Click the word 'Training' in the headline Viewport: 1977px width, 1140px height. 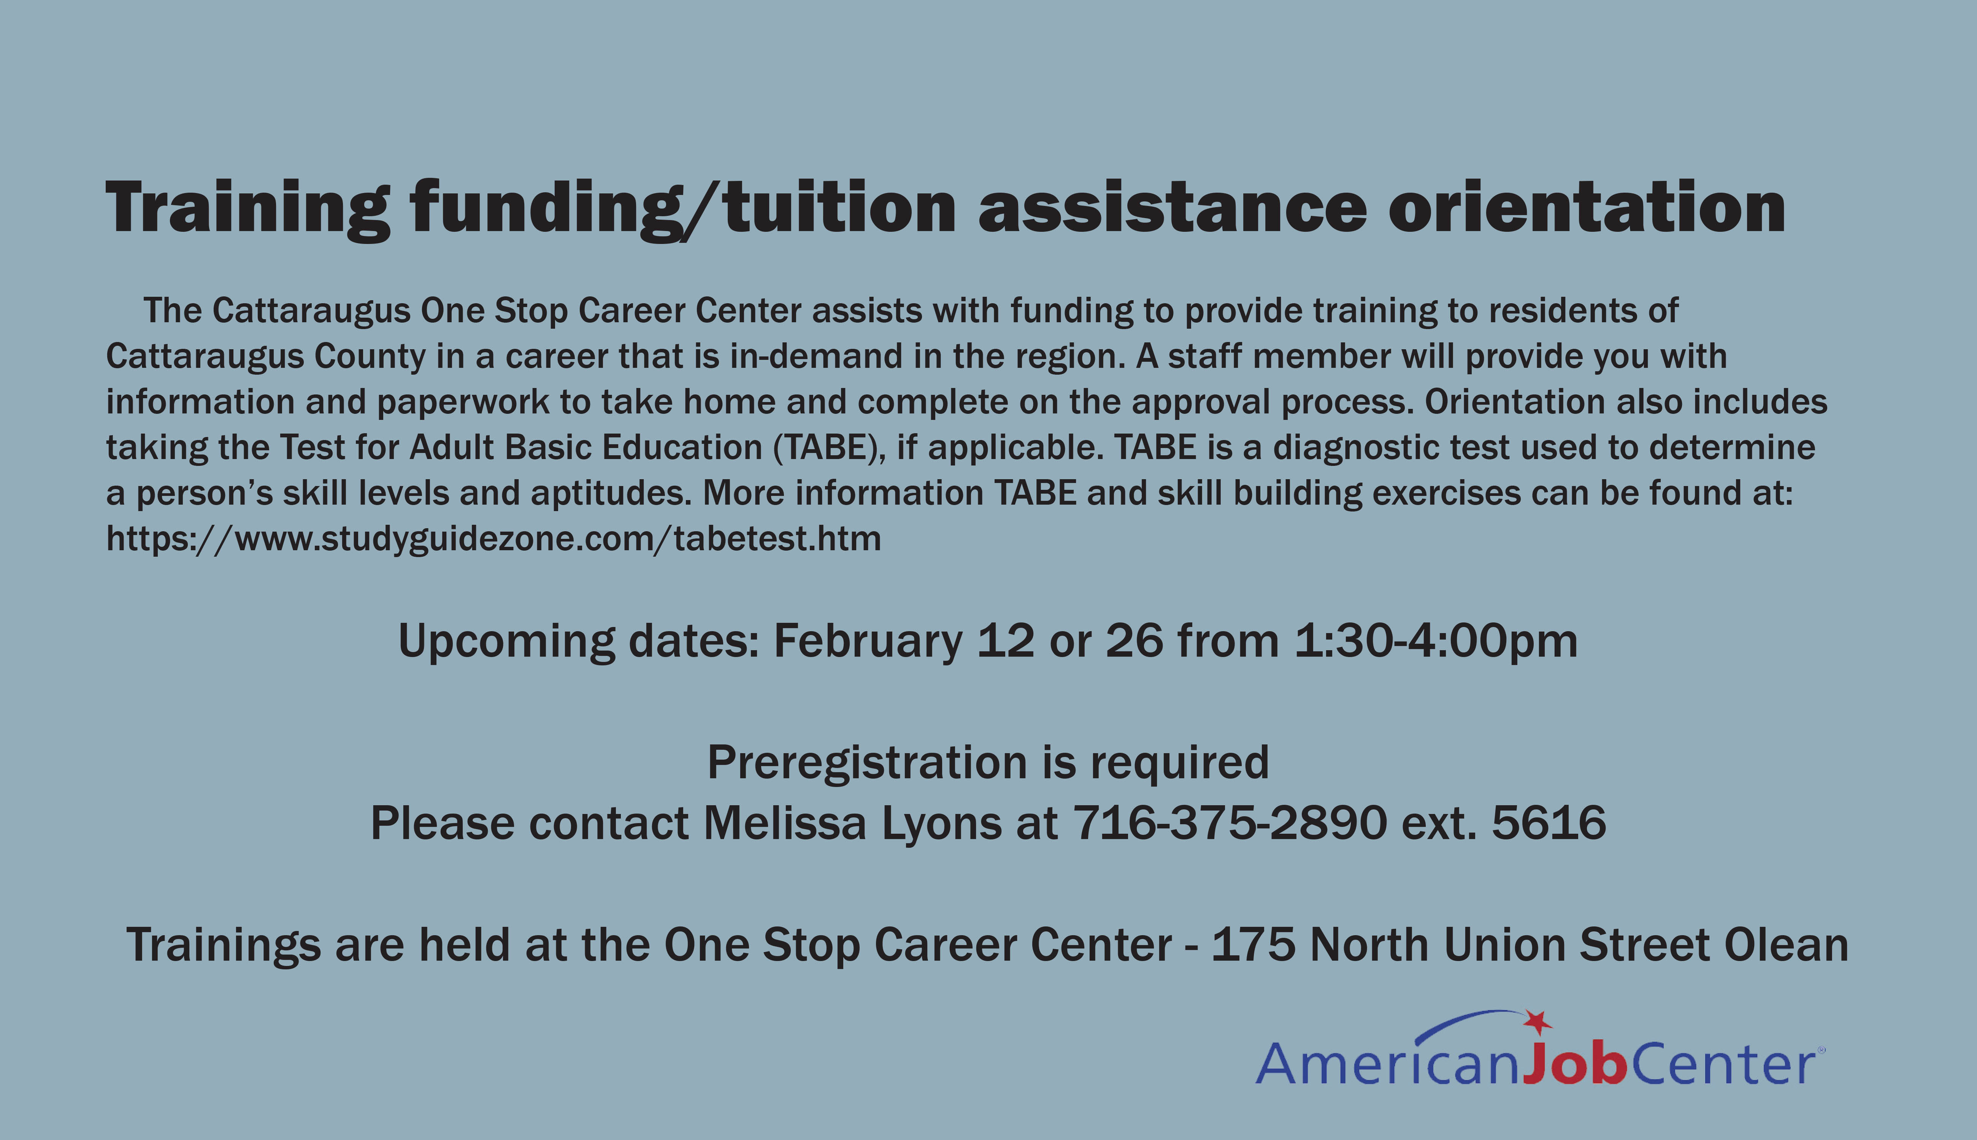248,209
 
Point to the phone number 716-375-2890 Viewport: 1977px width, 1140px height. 1230,824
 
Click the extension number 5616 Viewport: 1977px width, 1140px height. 1549,824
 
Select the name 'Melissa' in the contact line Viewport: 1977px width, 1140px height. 785,824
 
